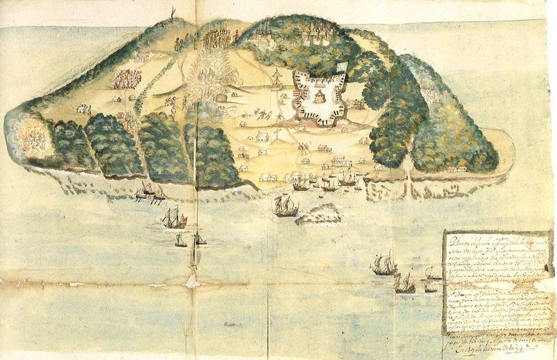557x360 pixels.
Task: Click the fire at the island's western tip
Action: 31,139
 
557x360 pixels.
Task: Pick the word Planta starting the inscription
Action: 460,237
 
